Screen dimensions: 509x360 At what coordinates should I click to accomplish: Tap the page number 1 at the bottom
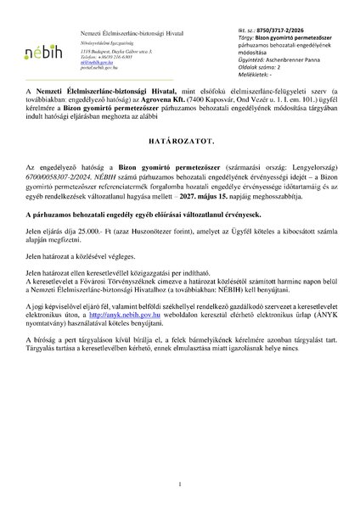(x=180, y=484)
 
